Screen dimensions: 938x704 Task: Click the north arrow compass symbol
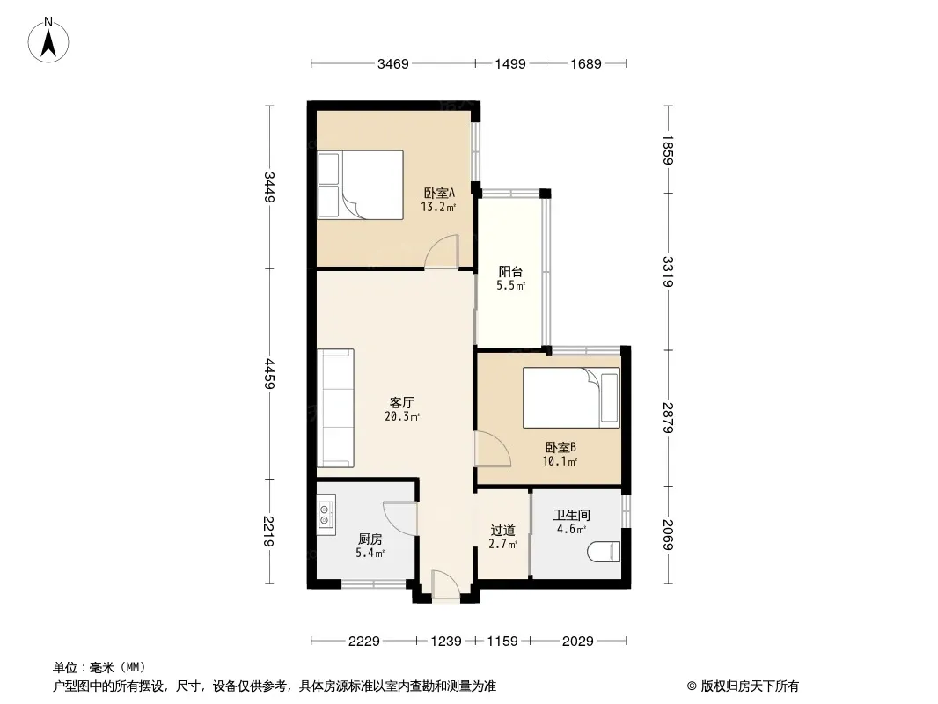pos(48,40)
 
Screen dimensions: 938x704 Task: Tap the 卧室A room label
pos(439,194)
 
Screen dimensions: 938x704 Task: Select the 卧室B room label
pos(560,447)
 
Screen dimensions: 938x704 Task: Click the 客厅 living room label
pos(402,402)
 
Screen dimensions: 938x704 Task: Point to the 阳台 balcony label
pos(510,272)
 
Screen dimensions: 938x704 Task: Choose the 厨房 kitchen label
pos(370,539)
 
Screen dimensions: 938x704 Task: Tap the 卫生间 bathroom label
pos(572,515)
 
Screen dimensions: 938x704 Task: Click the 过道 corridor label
pos(502,530)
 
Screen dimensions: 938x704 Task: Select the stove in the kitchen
pos(326,515)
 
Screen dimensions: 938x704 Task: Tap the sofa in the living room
pos(335,408)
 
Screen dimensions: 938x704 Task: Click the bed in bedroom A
pos(360,184)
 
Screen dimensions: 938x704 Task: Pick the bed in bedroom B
pos(571,398)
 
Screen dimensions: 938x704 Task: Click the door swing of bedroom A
pos(442,251)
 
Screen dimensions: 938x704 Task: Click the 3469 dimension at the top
pos(393,64)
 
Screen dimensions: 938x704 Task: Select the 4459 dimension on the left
pos(270,374)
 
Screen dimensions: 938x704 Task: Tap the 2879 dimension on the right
pos(668,417)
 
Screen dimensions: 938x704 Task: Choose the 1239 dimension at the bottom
pos(446,642)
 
